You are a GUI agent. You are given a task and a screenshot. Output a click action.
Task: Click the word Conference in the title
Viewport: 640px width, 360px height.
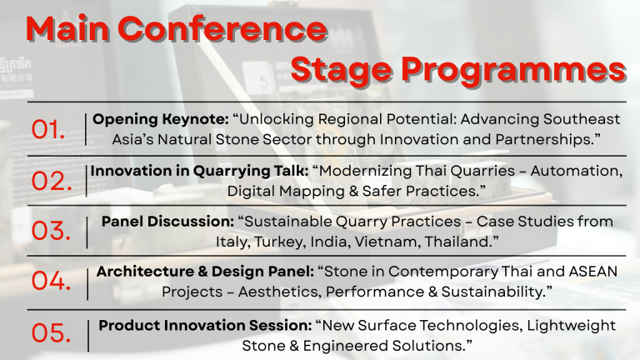[222, 29]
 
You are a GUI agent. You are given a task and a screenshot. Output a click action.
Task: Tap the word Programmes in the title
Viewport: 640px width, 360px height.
[513, 71]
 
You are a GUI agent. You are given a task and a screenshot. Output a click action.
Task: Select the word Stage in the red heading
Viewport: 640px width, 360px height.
[342, 71]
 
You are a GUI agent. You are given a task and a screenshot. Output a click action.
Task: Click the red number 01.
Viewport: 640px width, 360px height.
[48, 130]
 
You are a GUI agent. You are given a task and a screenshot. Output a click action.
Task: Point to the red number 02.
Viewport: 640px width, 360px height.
[52, 181]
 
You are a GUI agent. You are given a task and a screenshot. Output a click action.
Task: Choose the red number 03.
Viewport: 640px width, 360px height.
[52, 231]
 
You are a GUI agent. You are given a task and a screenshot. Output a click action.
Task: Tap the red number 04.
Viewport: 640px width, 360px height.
[52, 281]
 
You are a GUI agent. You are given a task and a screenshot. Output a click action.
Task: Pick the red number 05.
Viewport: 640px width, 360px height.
[52, 333]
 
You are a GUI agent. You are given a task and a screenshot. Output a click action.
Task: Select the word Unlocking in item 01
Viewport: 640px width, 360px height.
[277, 120]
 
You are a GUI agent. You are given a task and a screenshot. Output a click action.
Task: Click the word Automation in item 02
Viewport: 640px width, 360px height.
[577, 172]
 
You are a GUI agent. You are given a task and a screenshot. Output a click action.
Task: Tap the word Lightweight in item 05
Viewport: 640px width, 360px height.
[571, 326]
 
